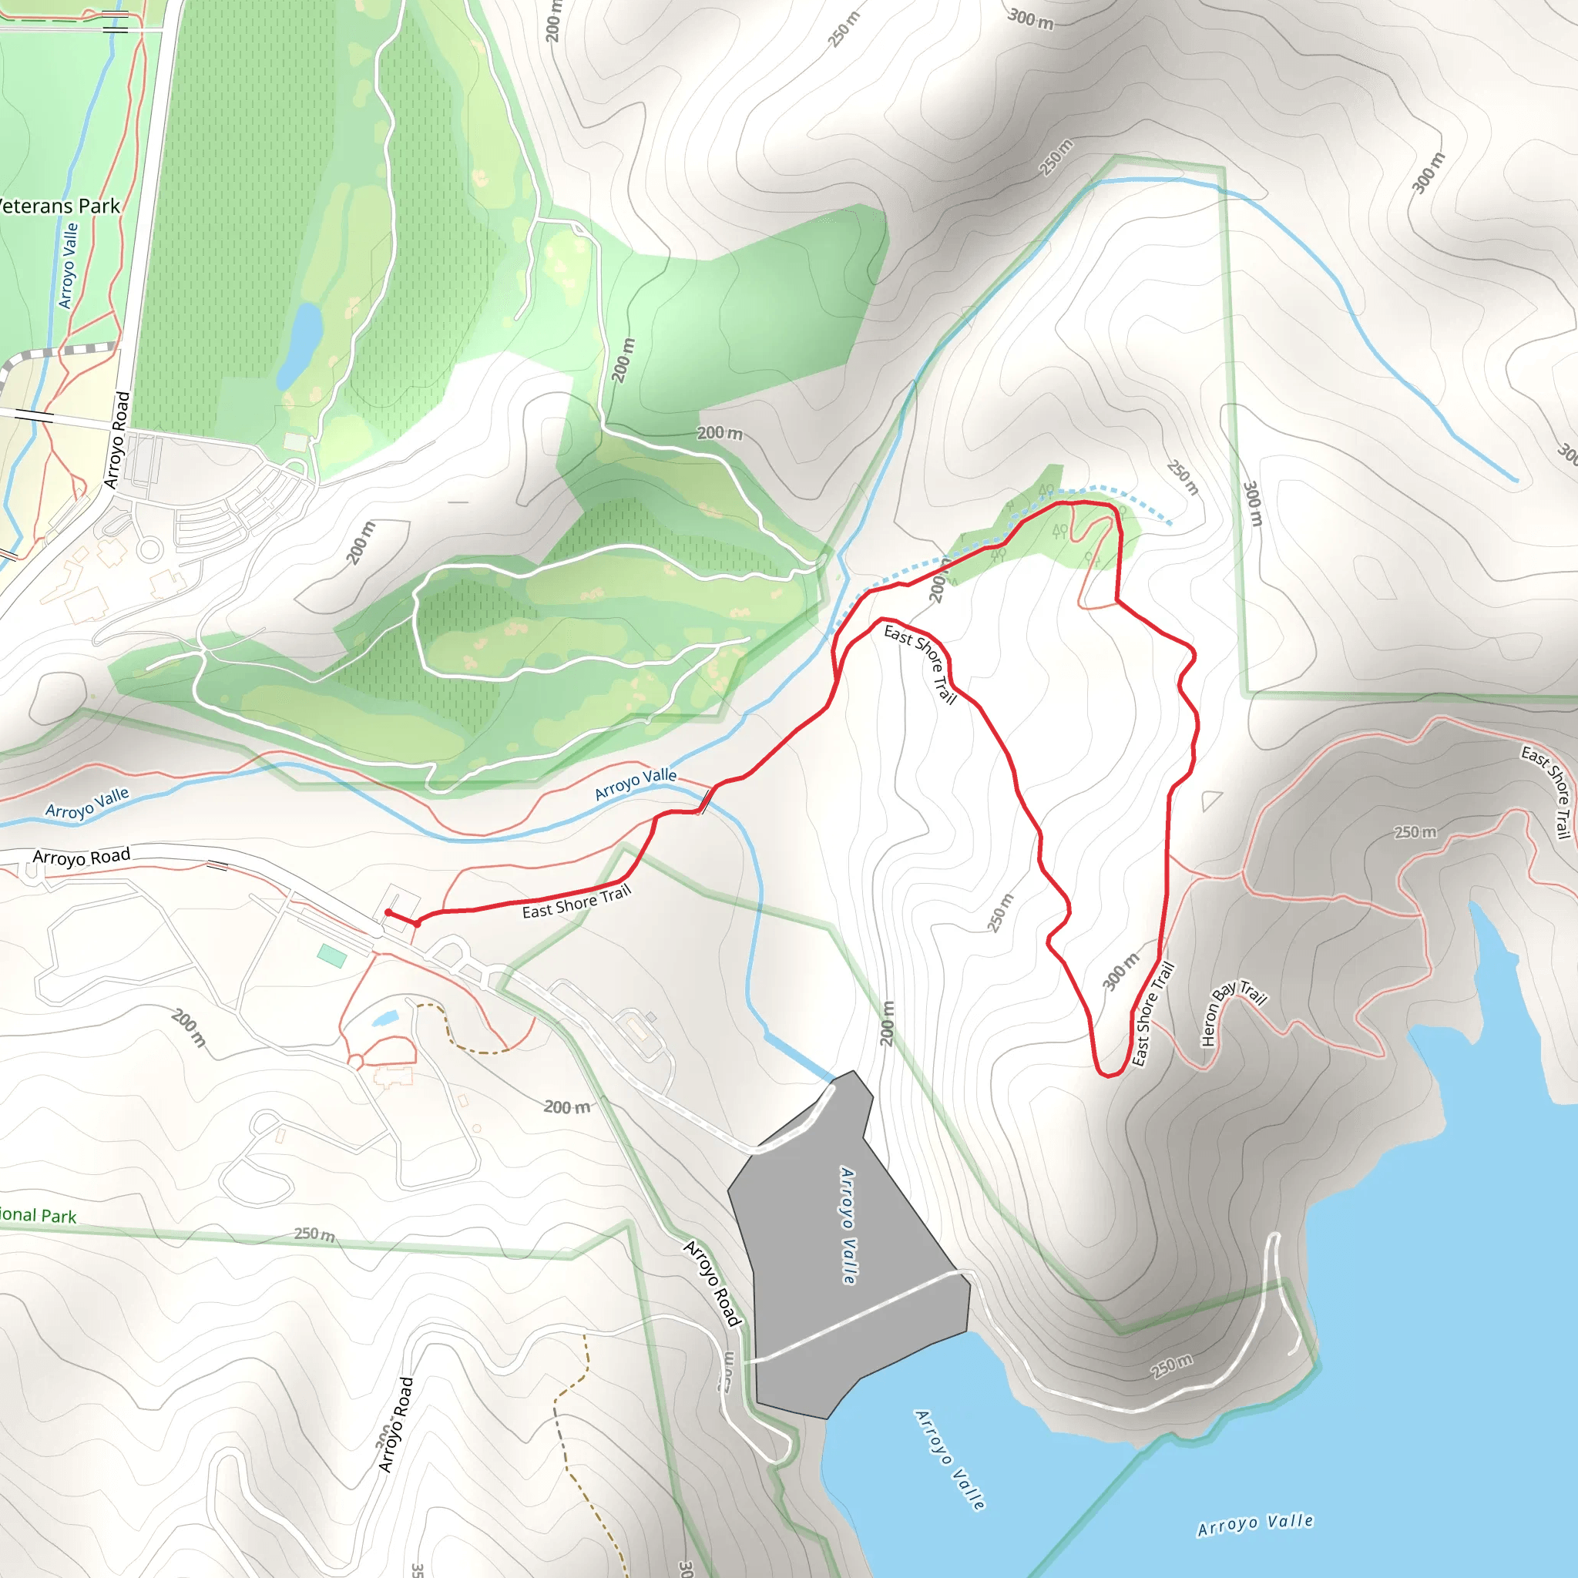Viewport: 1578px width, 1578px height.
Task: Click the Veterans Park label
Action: point(59,206)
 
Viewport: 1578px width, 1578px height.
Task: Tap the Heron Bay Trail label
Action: point(1234,1012)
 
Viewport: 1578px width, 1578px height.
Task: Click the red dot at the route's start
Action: point(389,912)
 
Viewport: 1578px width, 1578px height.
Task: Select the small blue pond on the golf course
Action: point(300,344)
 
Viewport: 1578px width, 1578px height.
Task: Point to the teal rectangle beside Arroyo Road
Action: point(331,955)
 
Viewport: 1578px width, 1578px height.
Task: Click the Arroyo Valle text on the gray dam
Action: point(848,1225)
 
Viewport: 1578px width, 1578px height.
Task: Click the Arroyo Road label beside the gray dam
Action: point(712,1283)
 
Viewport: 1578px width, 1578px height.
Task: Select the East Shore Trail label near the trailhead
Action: point(576,901)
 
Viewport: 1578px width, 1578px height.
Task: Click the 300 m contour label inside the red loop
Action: point(1120,971)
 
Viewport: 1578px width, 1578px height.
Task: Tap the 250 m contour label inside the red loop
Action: point(1001,912)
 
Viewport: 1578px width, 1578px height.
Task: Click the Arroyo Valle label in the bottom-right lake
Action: point(1255,1524)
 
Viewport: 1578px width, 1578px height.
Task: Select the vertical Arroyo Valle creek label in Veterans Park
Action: point(69,267)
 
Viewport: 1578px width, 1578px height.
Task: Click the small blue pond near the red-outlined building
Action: point(384,1019)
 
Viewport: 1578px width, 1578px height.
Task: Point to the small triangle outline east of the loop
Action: point(1211,800)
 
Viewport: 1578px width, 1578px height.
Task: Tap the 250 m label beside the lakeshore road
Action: point(1172,1365)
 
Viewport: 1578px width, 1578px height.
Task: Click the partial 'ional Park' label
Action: point(38,1215)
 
